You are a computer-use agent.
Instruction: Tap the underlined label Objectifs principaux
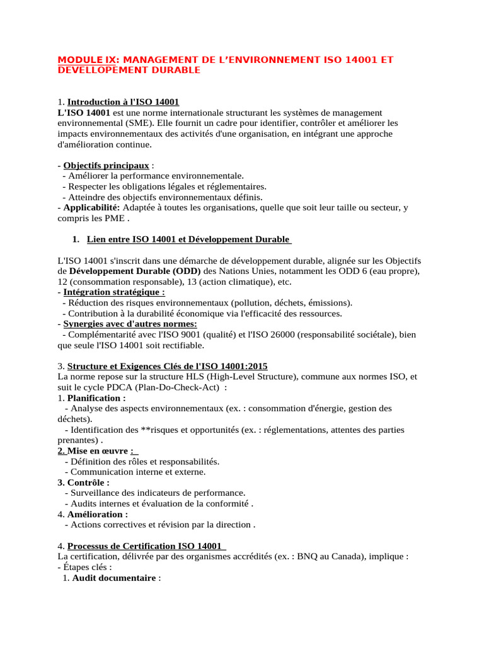point(107,166)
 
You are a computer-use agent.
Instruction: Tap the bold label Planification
point(96,398)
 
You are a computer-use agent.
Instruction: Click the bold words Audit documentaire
point(114,578)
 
